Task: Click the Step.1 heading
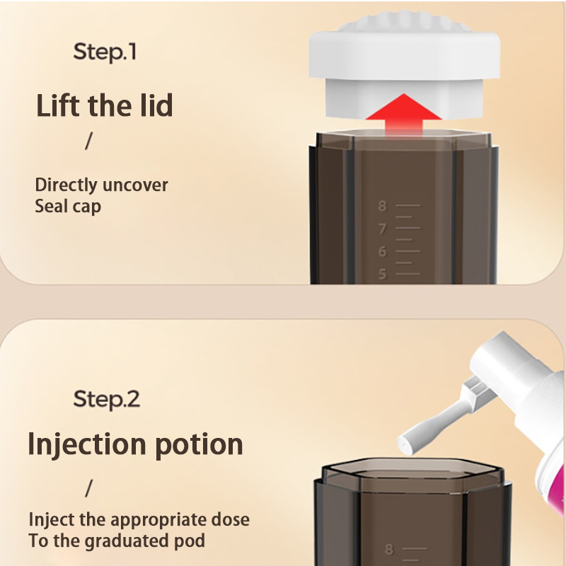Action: coord(105,52)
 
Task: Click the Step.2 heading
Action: coord(107,399)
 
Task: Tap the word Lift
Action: coord(58,105)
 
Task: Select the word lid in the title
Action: coord(156,105)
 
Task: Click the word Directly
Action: coord(66,185)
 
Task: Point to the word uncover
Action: coord(135,185)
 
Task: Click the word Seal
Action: coord(51,206)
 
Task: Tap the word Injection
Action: coord(87,444)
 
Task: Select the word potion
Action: coord(199,444)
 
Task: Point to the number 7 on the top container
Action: coord(382,229)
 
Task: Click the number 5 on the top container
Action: coord(382,274)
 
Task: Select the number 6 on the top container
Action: coord(382,251)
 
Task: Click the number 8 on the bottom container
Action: coord(388,549)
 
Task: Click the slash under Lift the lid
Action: coord(89,141)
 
